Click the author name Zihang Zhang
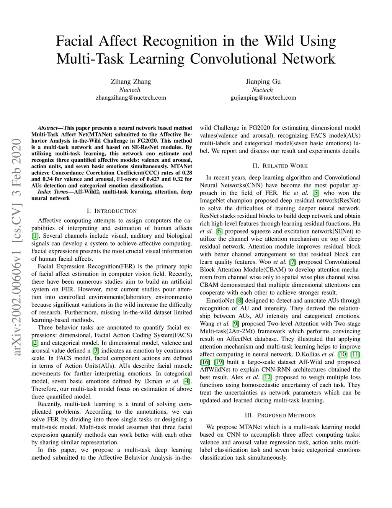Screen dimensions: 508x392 [131, 81]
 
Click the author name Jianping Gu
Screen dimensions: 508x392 [263, 81]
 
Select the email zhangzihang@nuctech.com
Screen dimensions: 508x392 [131, 97]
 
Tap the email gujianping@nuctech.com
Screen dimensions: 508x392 [263, 97]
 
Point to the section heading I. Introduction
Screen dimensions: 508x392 [111, 211]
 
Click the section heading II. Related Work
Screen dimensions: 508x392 [280, 166]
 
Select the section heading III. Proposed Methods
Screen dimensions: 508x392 [280, 415]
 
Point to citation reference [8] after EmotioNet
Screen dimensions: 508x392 [240, 300]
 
